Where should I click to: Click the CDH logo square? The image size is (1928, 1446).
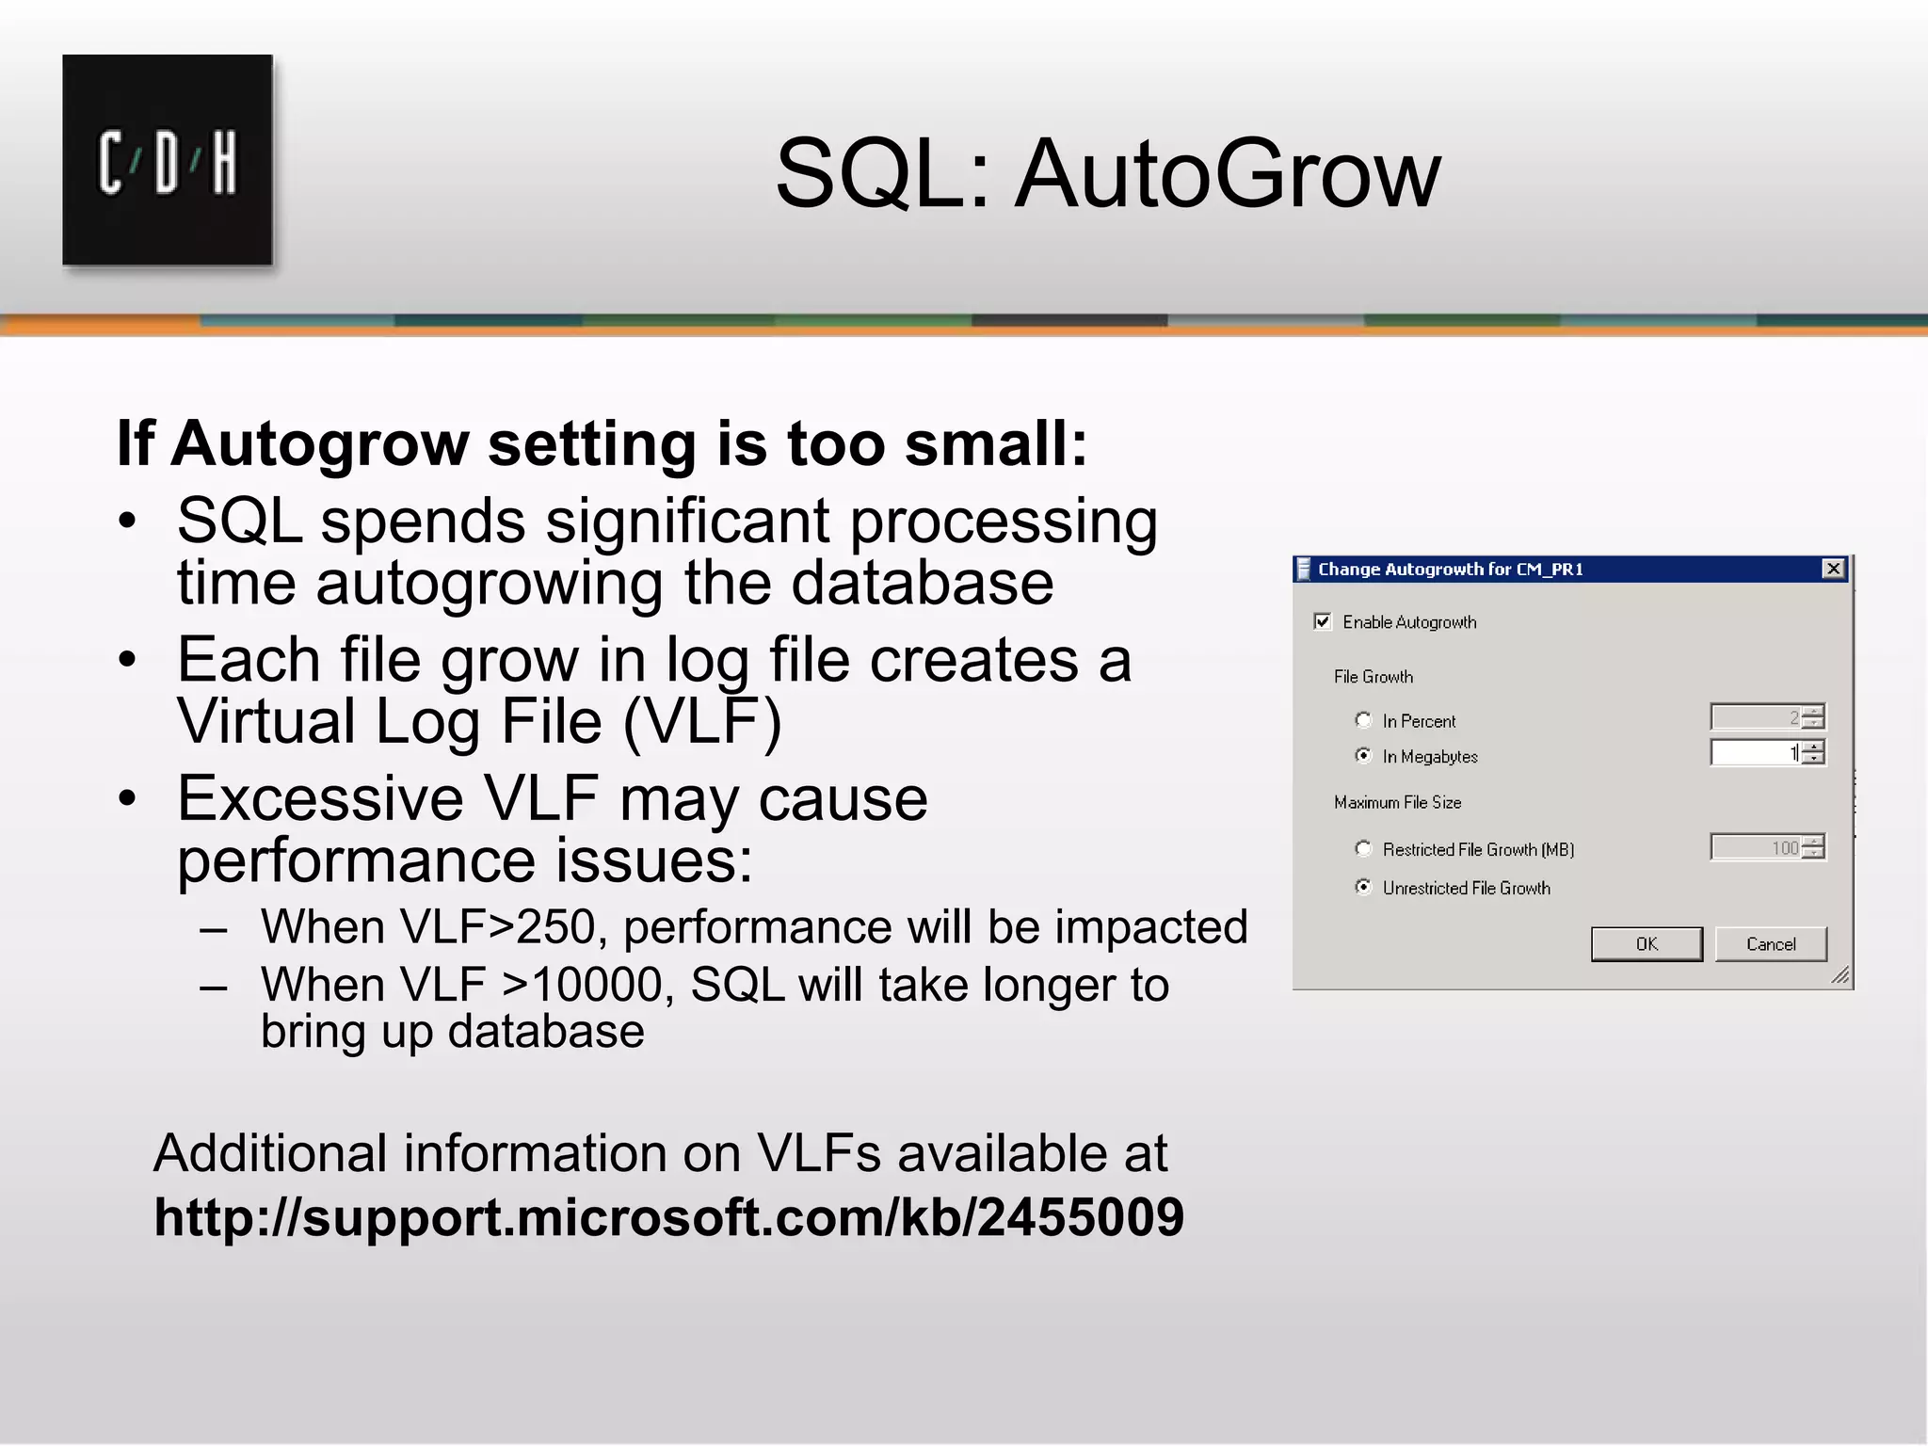point(168,160)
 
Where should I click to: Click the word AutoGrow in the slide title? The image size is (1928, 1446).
point(1228,173)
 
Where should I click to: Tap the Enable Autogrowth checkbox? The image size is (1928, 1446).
point(1323,621)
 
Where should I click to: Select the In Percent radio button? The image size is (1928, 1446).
point(1363,720)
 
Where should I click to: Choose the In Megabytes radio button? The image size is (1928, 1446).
point(1363,755)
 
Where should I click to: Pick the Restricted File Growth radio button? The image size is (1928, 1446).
point(1363,848)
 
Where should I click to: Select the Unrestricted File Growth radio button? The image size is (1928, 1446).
point(1363,887)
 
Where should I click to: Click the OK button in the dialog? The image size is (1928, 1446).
point(1647,943)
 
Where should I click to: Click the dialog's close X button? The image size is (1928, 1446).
point(1833,569)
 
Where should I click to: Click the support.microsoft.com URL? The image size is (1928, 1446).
point(668,1217)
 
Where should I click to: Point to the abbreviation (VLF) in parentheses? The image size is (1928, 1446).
point(701,722)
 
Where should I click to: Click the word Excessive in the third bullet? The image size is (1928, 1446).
point(320,798)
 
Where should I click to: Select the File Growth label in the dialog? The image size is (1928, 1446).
point(1373,677)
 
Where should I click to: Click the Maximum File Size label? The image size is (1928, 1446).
point(1397,802)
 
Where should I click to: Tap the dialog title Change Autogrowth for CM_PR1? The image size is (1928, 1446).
point(1450,569)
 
